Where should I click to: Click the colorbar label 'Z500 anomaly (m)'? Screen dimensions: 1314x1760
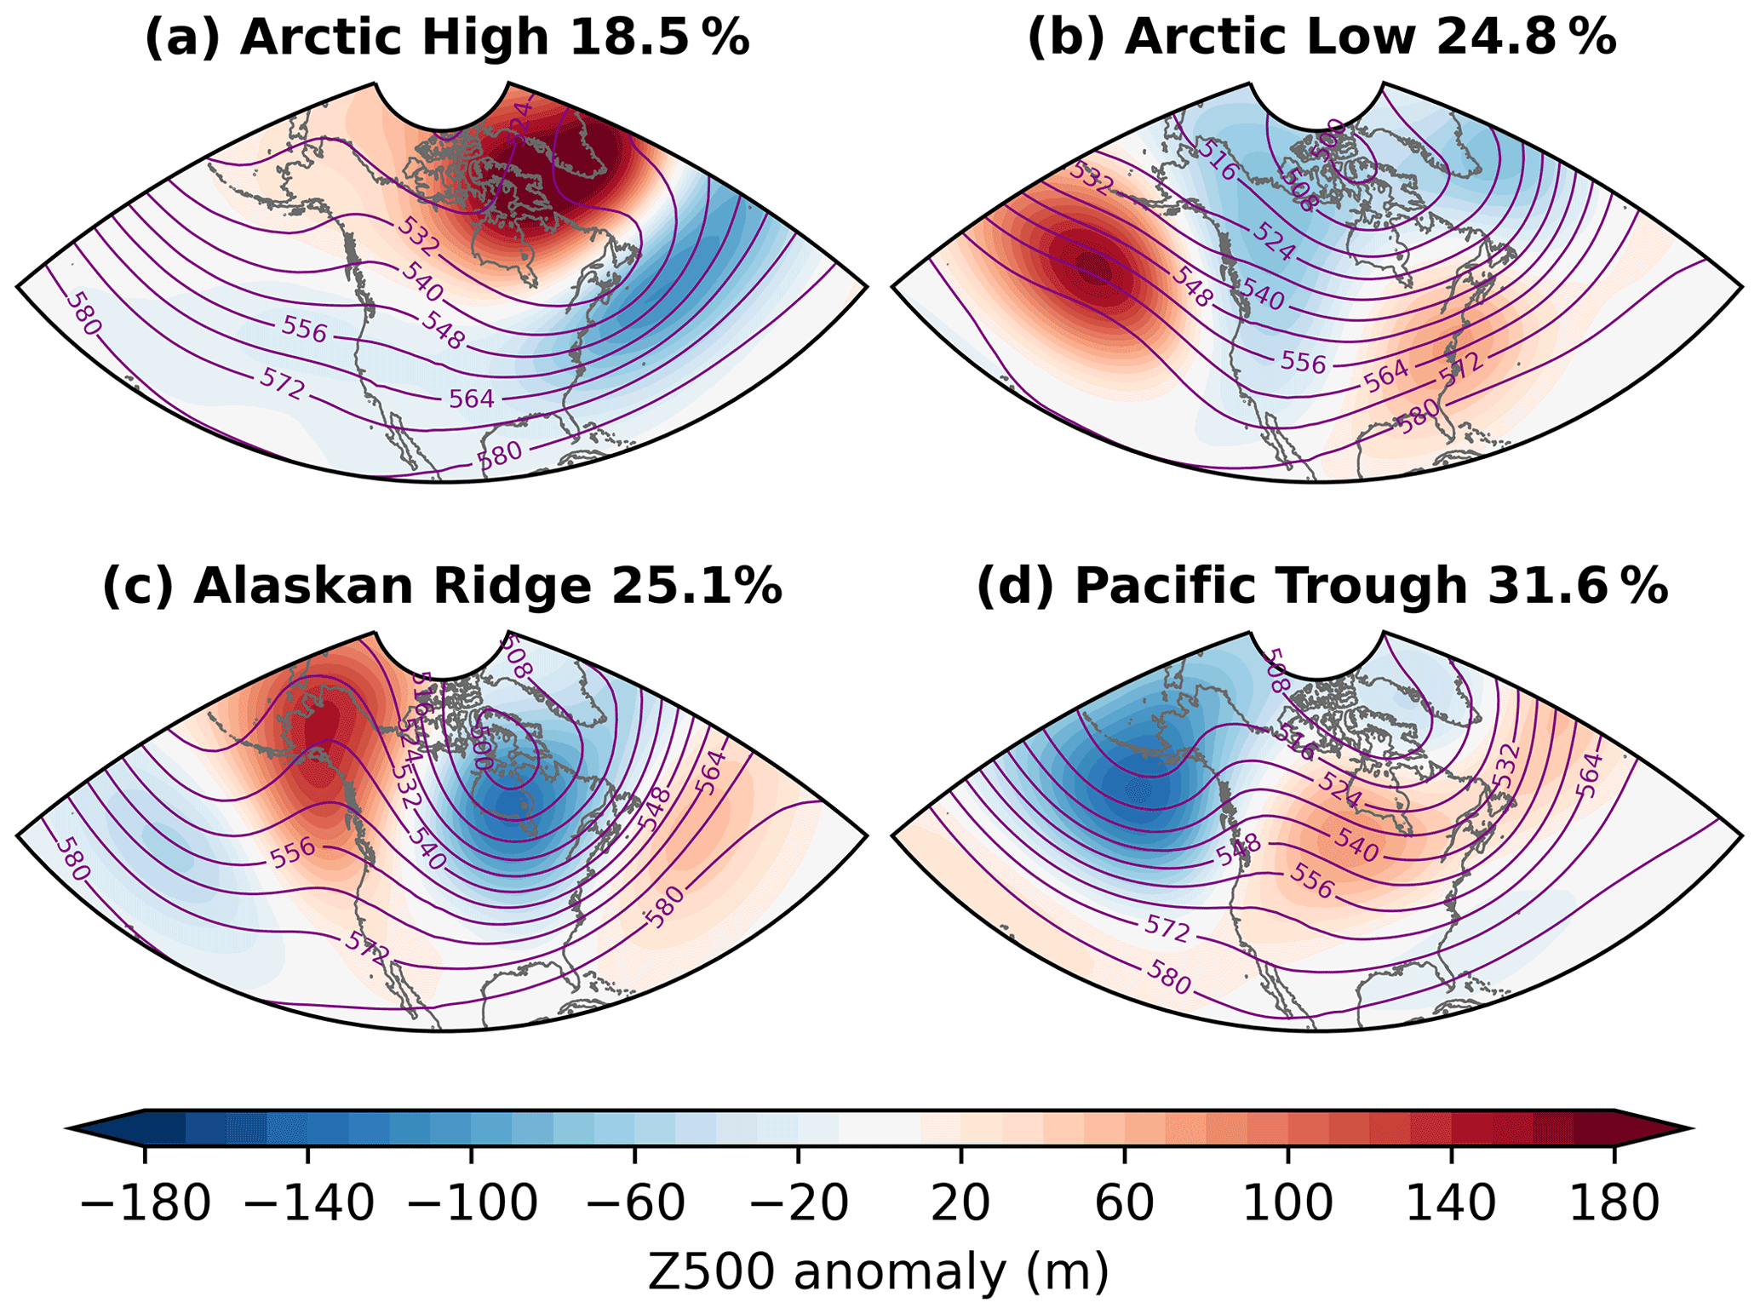click(879, 1272)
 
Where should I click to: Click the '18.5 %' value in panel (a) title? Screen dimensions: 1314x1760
click(659, 38)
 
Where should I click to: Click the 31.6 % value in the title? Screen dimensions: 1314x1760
click(1578, 587)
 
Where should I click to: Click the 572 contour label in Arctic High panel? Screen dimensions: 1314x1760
click(283, 386)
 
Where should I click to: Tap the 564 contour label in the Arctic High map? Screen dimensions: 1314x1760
click(471, 398)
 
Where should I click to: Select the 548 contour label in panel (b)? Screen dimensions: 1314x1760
click(1192, 287)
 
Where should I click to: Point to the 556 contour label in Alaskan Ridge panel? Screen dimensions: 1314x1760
click(293, 853)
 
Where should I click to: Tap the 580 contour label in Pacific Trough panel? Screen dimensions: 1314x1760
click(1168, 977)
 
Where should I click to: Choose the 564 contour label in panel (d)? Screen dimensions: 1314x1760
click(1589, 775)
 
